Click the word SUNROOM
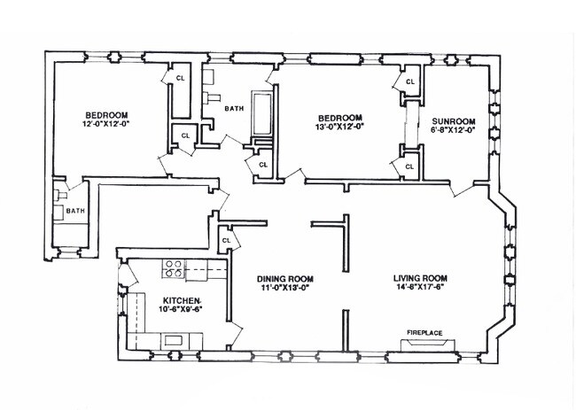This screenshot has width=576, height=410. pyautogui.click(x=453, y=120)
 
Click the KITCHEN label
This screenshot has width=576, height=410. pyautogui.click(x=183, y=300)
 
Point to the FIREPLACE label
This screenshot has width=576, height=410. pyautogui.click(x=424, y=332)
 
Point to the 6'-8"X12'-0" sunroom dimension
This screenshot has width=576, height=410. pyautogui.click(x=453, y=131)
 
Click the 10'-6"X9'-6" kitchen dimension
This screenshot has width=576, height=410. pyautogui.click(x=183, y=310)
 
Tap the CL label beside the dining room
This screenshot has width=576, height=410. pyautogui.click(x=226, y=240)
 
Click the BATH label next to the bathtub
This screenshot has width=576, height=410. pyautogui.click(x=234, y=109)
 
